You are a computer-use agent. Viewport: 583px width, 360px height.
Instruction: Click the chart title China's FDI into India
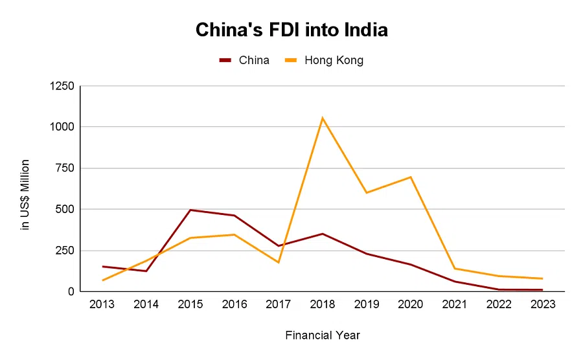(291, 30)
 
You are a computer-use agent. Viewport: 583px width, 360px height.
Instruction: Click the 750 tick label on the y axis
(65, 168)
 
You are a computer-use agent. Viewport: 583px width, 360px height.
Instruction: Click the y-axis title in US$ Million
(26, 194)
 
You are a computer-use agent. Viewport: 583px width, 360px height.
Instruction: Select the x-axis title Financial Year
(322, 335)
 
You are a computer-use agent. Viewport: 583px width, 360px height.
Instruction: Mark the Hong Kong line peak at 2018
(322, 118)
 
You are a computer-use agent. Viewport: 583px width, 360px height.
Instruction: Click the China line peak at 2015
(190, 210)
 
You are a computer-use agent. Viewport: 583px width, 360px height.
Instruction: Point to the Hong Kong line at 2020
(410, 177)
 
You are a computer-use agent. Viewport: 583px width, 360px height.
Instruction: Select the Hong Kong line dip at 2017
(279, 262)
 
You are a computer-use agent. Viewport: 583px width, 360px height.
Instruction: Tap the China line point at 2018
(322, 234)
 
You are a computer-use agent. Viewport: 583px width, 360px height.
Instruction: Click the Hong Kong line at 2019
(366, 193)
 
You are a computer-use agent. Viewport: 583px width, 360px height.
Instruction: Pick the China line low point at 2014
(146, 271)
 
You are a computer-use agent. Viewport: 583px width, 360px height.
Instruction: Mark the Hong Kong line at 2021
(454, 269)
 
